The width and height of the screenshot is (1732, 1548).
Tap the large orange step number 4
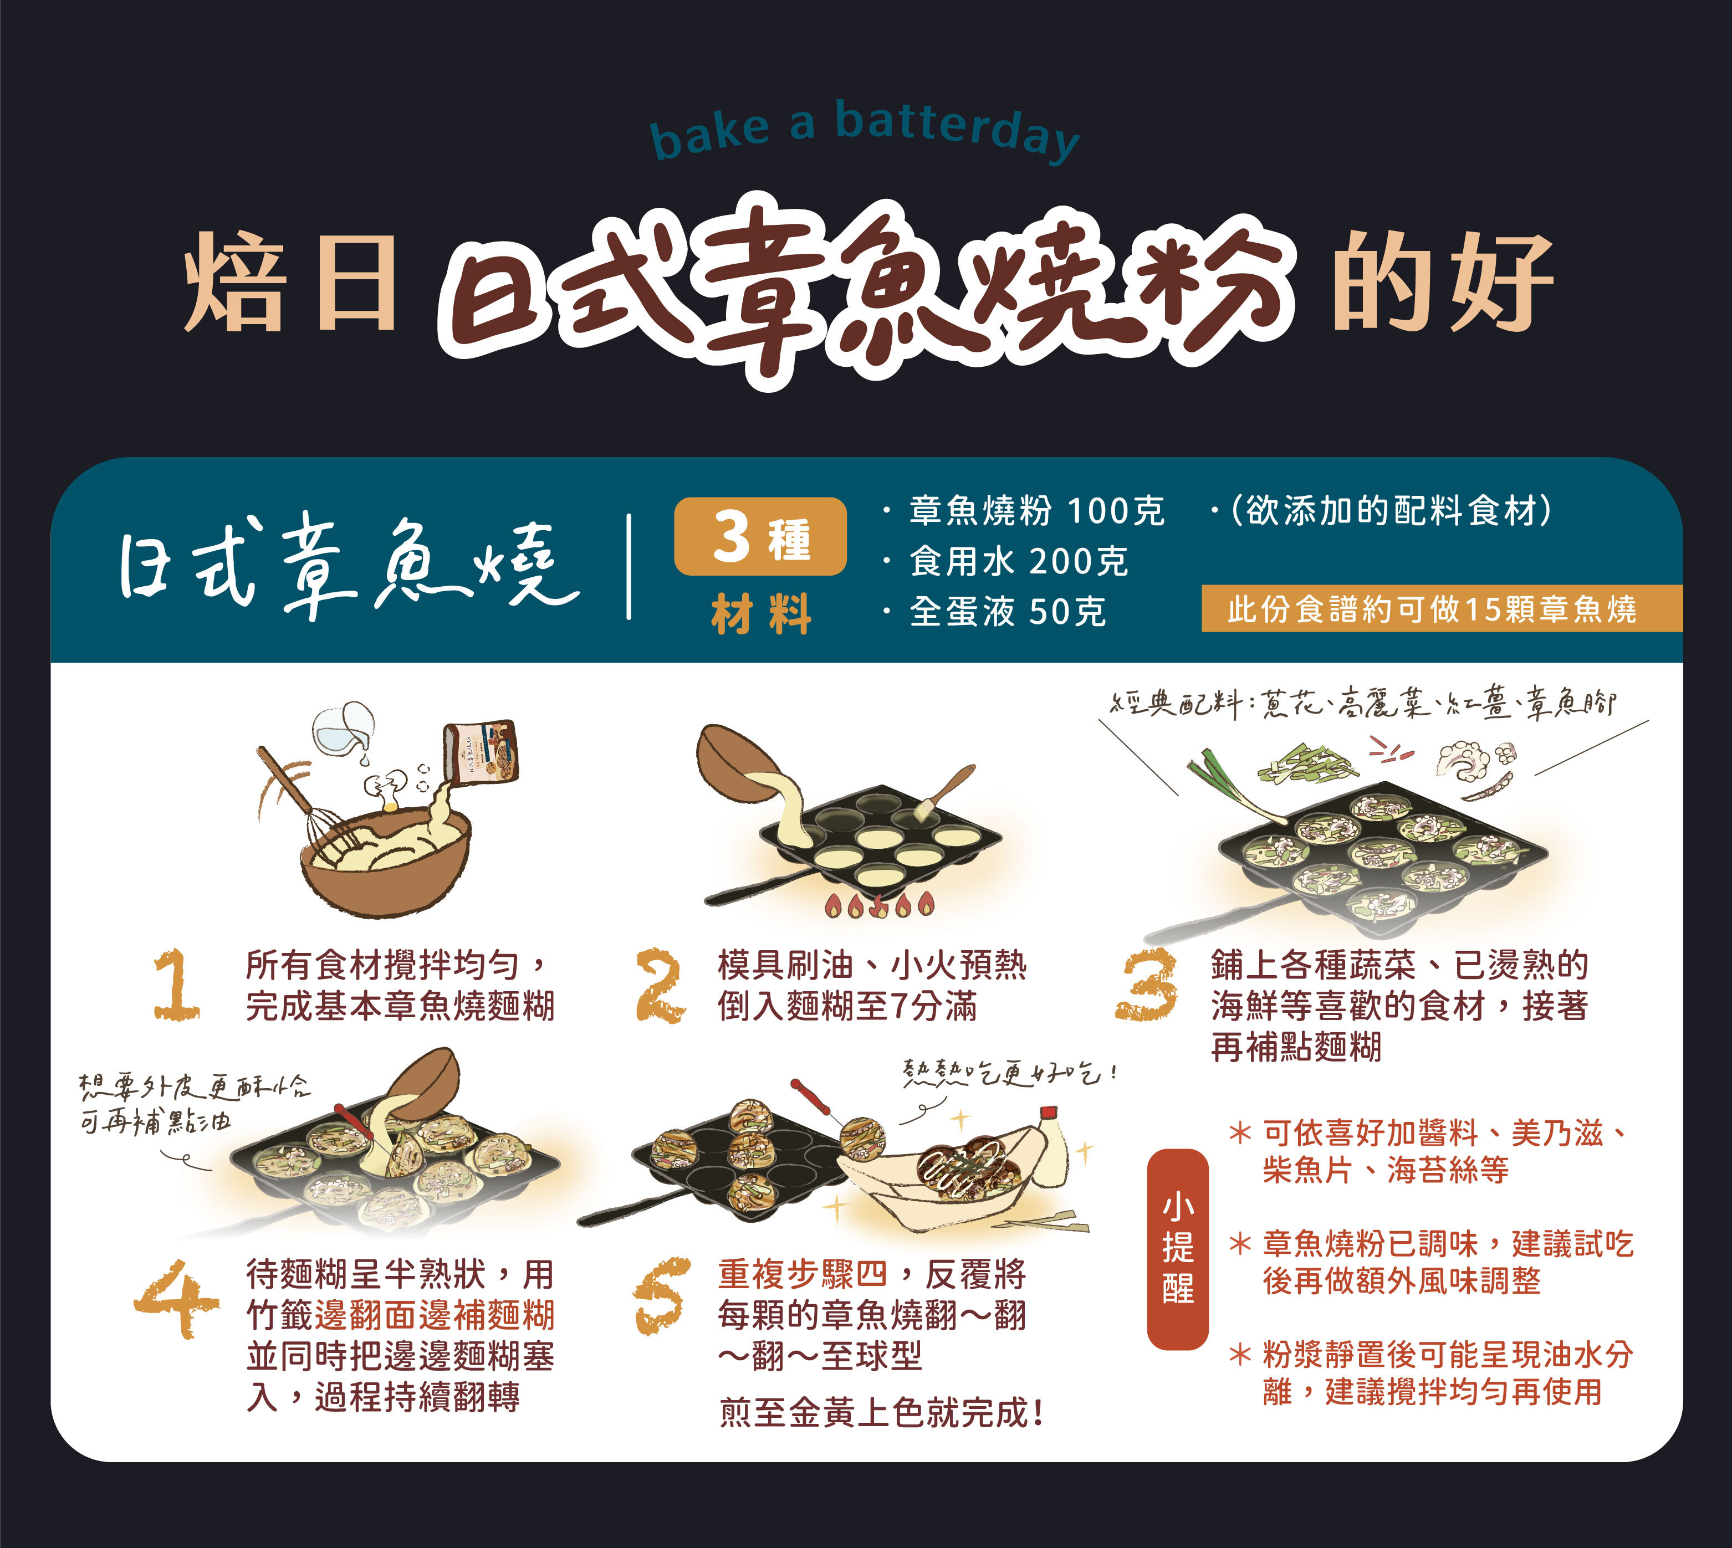(176, 1297)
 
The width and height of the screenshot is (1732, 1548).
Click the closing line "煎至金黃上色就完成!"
(881, 1413)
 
